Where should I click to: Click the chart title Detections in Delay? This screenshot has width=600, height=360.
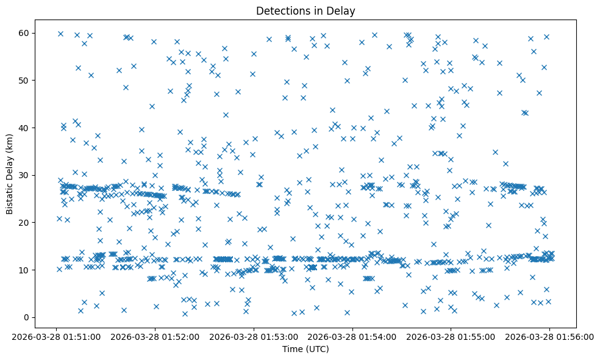click(x=305, y=10)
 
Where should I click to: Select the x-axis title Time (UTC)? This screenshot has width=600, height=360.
click(x=305, y=349)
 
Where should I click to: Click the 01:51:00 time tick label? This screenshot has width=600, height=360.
click(x=56, y=336)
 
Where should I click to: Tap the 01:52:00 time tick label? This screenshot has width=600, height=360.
click(x=155, y=336)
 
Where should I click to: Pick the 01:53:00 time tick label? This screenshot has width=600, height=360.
click(x=254, y=336)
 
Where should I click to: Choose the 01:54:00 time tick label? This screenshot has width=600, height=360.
click(x=352, y=336)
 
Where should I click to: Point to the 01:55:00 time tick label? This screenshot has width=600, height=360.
click(x=451, y=336)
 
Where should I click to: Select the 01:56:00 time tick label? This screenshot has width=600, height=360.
click(x=550, y=336)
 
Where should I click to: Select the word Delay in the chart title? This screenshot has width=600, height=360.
click(x=342, y=10)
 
